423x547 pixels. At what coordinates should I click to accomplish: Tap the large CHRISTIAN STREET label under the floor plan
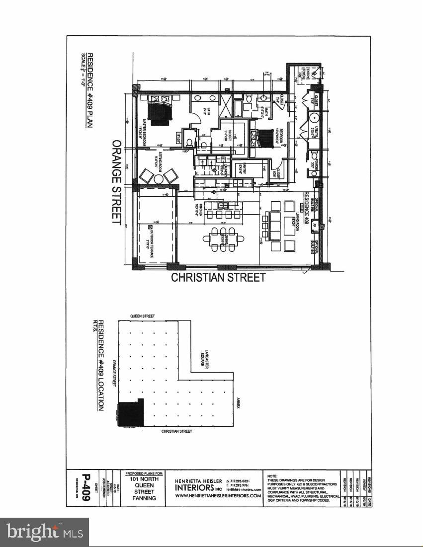[218, 278]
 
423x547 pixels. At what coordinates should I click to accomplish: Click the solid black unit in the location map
[130, 412]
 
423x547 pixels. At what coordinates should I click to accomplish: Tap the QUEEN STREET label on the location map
[142, 316]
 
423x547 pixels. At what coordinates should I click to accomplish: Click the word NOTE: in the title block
[273, 475]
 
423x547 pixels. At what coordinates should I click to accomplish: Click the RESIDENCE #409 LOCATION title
[100, 365]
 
